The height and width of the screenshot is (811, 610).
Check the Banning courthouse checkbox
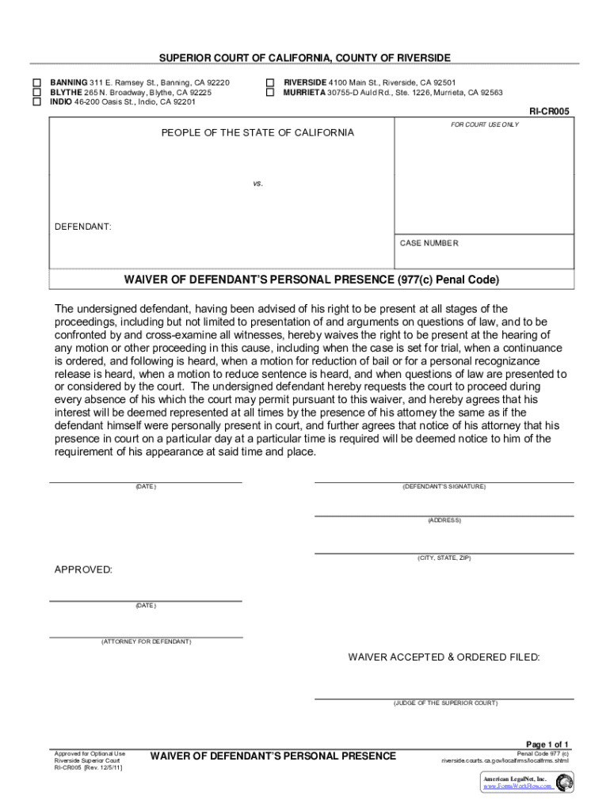(36, 82)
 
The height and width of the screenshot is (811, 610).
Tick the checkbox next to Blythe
(36, 93)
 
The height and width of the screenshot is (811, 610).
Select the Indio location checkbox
(36, 102)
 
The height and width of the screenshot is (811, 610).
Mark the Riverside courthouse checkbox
(269, 82)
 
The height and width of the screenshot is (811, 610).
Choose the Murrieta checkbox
(269, 93)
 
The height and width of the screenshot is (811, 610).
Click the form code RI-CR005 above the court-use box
(549, 112)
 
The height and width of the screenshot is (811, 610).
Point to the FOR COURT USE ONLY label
(485, 125)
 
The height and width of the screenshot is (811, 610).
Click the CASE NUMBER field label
(429, 243)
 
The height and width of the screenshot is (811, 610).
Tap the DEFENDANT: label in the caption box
(82, 227)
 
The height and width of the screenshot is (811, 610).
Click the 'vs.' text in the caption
(257, 183)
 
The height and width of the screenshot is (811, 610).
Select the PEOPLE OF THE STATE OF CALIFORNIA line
(257, 133)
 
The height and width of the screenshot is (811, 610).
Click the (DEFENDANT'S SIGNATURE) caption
(444, 486)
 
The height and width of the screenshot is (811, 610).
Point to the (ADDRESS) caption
(444, 520)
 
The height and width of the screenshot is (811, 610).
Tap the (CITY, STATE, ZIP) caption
(444, 558)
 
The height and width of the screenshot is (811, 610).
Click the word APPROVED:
(83, 570)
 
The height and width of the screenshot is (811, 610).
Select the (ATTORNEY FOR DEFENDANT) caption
(146, 642)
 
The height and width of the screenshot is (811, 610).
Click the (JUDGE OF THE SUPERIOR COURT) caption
(445, 703)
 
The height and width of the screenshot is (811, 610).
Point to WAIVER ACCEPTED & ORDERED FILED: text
(444, 657)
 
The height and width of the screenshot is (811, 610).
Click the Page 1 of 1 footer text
(547, 744)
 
